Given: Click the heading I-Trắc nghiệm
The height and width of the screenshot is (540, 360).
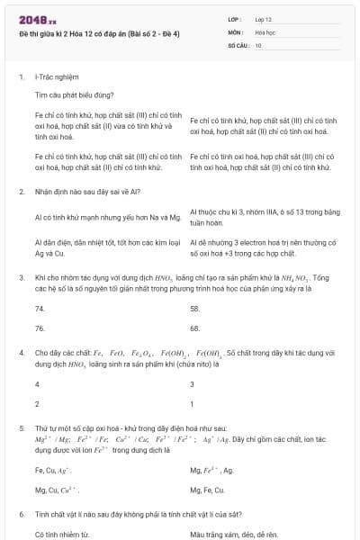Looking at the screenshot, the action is point(55,78).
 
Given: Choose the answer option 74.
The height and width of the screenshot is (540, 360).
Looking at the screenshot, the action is point(40,308).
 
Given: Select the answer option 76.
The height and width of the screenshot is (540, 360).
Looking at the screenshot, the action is point(40,328).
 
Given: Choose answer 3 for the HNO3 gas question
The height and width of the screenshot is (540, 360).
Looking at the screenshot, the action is point(193,384).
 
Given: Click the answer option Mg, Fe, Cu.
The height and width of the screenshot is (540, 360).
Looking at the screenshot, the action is point(208,490).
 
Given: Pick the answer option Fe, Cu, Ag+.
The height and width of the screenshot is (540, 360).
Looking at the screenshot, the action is point(52,470).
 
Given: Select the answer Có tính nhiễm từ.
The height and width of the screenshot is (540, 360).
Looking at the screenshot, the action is point(62,534).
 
